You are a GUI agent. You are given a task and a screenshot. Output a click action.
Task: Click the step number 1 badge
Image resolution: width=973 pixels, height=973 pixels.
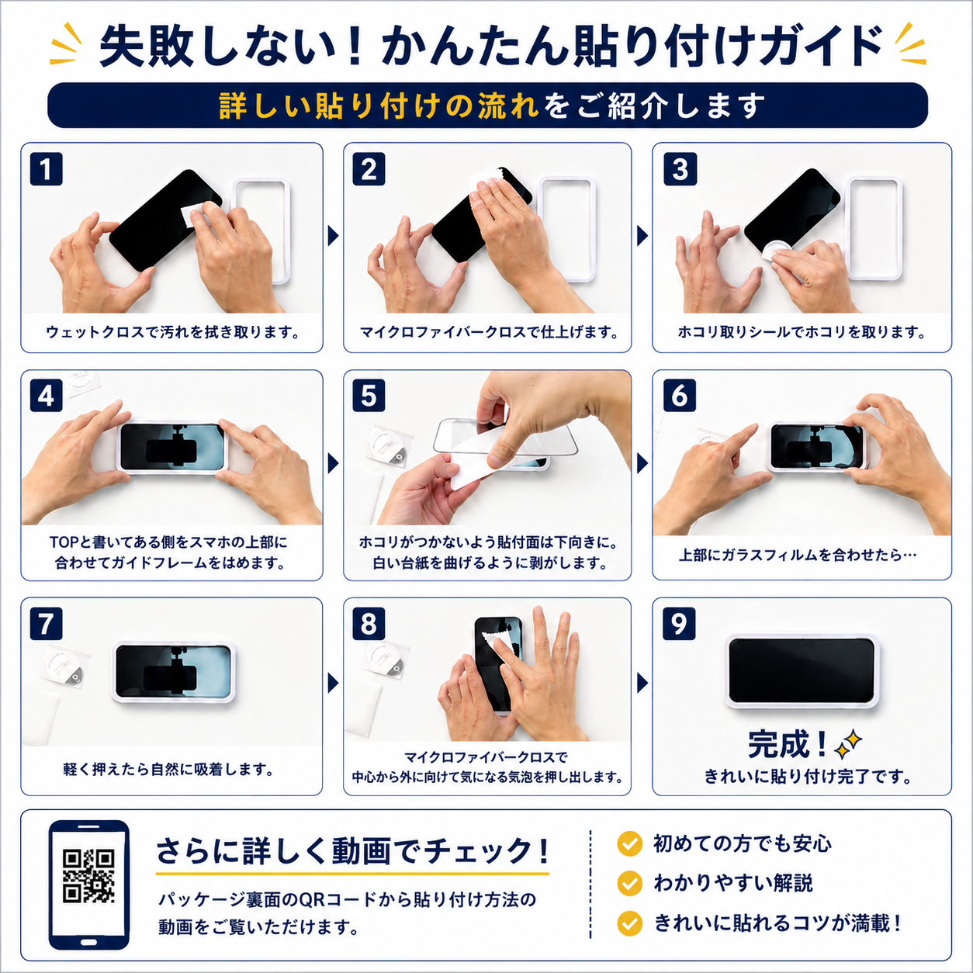[46, 169]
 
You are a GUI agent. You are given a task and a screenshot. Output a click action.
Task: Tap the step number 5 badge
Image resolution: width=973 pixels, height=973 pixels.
[369, 396]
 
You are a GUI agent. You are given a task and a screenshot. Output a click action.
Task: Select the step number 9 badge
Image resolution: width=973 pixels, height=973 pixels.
[679, 623]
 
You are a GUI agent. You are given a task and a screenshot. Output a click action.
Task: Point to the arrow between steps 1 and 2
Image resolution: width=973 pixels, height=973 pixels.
[333, 236]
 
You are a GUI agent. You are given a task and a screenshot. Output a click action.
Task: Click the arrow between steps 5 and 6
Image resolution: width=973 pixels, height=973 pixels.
[642, 463]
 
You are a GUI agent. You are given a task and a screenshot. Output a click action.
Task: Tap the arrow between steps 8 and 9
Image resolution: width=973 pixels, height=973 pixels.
[642, 683]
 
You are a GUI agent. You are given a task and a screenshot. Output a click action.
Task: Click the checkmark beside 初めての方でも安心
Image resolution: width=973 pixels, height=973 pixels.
[629, 843]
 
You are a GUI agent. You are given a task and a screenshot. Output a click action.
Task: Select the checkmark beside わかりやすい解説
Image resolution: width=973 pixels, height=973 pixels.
[629, 883]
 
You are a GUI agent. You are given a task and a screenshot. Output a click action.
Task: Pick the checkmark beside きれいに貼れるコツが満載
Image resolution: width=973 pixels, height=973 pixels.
[629, 923]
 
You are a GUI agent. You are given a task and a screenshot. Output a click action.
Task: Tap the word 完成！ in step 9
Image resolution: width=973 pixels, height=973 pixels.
[788, 744]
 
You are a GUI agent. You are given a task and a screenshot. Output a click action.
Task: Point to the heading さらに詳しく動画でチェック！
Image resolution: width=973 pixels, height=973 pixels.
[352, 851]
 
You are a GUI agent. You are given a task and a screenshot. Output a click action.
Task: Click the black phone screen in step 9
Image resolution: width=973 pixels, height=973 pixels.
[802, 670]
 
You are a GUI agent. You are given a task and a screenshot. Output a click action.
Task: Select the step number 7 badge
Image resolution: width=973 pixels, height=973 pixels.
[46, 623]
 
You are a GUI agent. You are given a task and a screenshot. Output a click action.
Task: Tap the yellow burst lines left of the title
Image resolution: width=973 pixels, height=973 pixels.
[66, 44]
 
